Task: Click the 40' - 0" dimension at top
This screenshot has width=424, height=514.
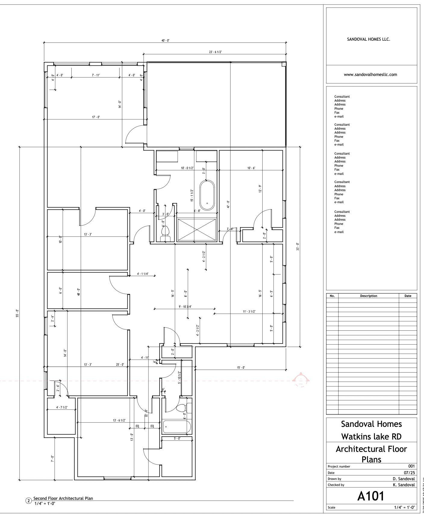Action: (x=165, y=40)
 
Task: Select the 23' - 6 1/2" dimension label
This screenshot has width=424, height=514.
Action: (x=215, y=52)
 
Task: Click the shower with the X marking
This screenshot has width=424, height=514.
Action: (x=197, y=230)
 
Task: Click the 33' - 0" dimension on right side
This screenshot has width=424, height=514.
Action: (x=298, y=247)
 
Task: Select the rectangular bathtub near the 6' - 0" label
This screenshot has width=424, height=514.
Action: (x=177, y=427)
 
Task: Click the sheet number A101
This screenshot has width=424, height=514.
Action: (x=371, y=496)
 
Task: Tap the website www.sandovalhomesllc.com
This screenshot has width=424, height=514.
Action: (x=370, y=74)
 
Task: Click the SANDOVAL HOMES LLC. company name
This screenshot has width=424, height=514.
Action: (x=369, y=39)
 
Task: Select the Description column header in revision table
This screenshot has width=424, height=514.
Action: (x=369, y=296)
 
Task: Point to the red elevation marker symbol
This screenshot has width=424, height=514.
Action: (x=301, y=380)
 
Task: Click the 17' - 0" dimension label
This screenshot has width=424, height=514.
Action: (x=96, y=117)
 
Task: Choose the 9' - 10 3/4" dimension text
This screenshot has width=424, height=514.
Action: (x=185, y=307)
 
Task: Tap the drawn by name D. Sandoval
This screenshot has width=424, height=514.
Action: (x=404, y=479)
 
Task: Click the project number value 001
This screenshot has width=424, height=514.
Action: (x=411, y=466)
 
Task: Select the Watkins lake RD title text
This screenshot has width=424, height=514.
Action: (x=371, y=437)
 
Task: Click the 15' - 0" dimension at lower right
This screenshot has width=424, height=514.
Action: (x=241, y=367)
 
